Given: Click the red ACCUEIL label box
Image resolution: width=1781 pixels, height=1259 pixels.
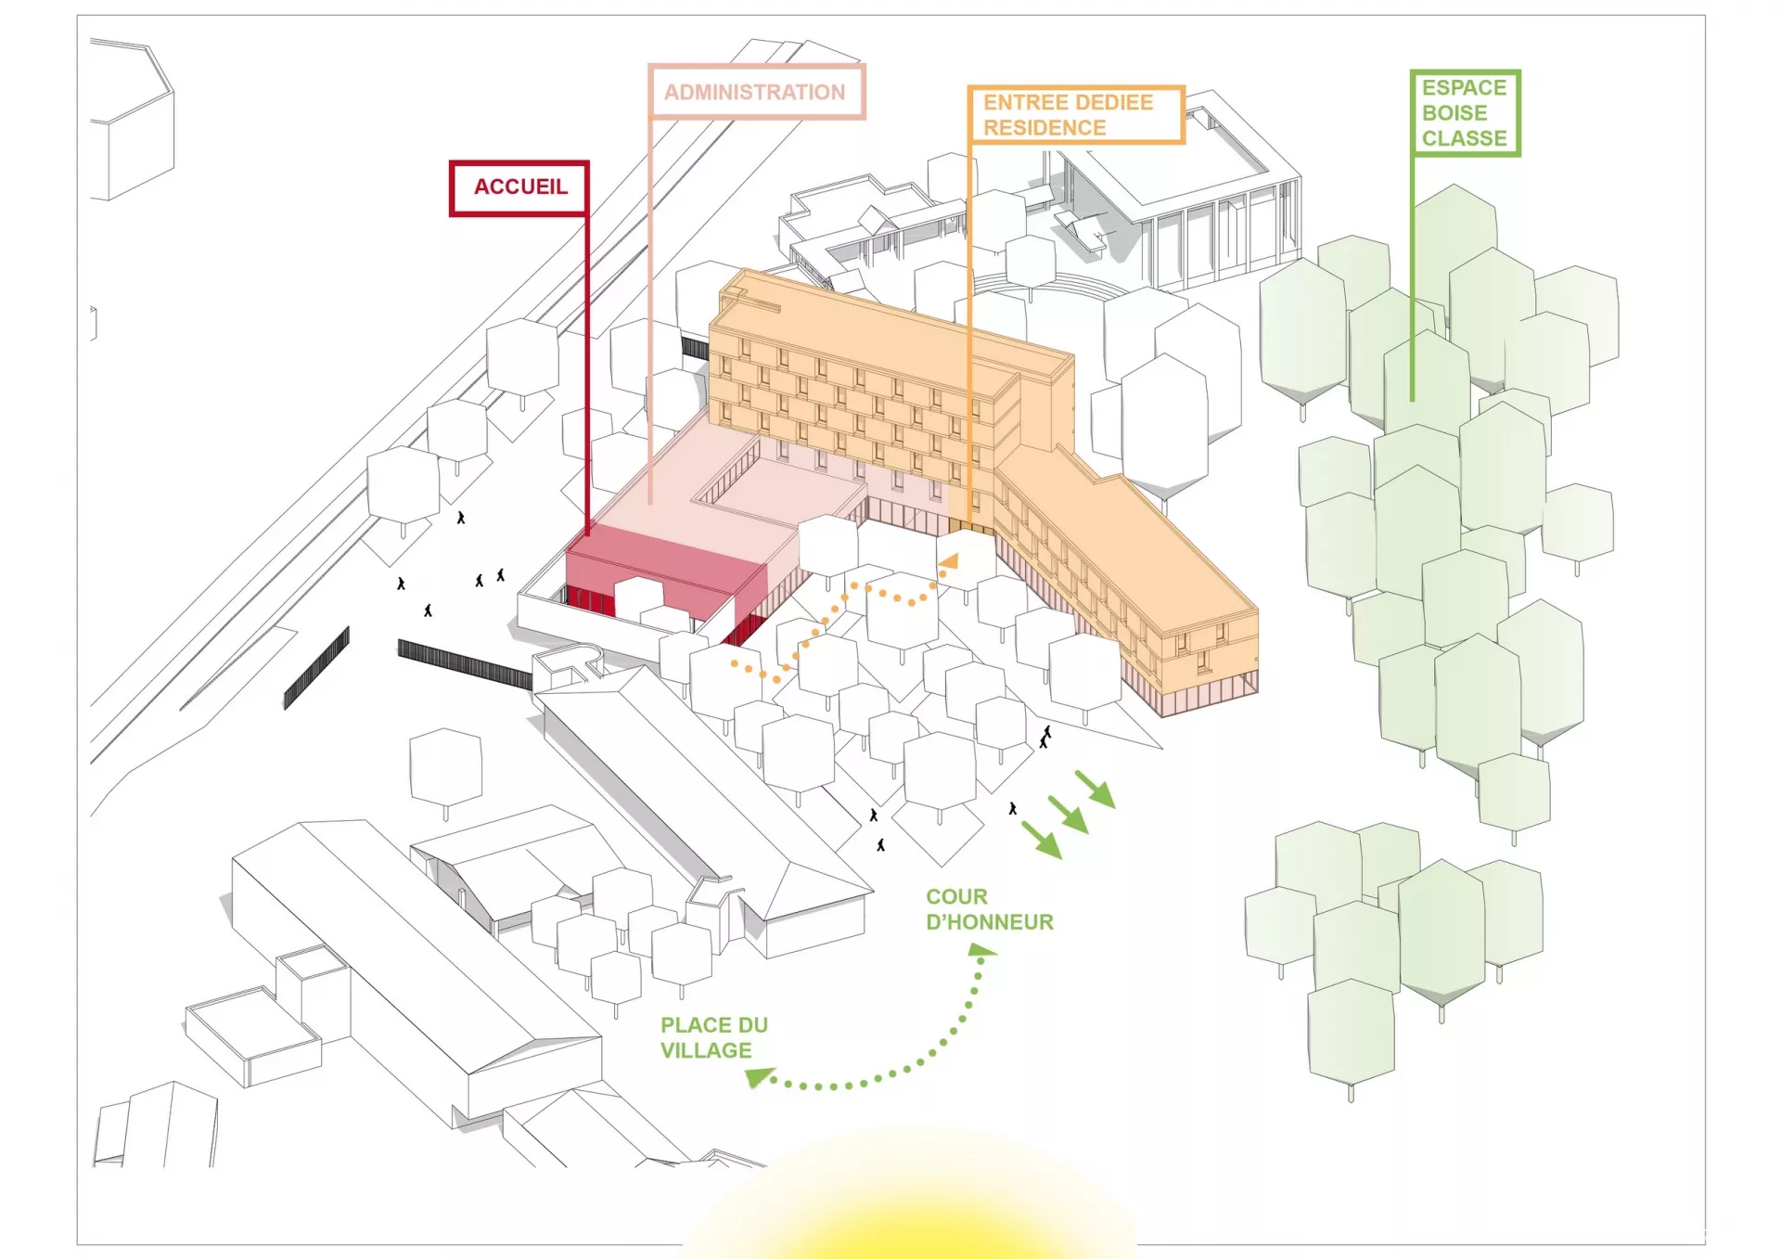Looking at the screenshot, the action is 519,188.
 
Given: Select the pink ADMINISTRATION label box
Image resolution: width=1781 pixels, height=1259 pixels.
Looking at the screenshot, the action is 756,92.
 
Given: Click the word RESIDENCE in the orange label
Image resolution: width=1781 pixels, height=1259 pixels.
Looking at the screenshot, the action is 1044,128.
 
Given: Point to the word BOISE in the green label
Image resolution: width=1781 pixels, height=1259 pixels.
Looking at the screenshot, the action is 1454,113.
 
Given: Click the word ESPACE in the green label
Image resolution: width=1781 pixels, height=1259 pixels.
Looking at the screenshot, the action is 1464,87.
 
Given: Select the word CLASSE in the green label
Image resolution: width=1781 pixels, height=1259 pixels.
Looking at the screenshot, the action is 1465,138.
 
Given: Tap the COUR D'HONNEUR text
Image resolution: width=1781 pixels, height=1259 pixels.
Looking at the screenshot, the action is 990,909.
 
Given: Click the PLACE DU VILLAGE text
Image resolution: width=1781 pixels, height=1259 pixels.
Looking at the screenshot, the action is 714,1037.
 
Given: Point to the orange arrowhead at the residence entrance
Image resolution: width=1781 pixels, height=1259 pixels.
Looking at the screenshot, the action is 949,561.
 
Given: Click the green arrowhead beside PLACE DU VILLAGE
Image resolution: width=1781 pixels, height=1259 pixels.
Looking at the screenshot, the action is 760,1077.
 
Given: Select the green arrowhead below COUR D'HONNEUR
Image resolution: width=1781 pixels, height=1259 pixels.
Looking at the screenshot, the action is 980,949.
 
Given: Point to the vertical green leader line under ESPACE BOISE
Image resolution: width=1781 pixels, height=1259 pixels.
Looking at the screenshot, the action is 1413,278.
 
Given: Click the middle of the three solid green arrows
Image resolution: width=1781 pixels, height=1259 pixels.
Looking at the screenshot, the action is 1068,814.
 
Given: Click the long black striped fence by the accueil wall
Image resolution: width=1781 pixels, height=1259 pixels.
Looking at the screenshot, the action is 465,663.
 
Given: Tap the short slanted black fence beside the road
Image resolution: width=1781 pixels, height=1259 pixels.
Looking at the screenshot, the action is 316,667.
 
